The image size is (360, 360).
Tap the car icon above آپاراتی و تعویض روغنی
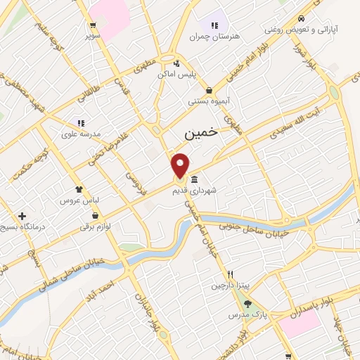coord(301,18)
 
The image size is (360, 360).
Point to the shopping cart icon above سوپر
coord(93,23)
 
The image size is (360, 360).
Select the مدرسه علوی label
coord(81,134)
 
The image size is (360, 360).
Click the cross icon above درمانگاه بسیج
coord(22,216)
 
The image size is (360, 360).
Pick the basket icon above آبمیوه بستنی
coord(210,90)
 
